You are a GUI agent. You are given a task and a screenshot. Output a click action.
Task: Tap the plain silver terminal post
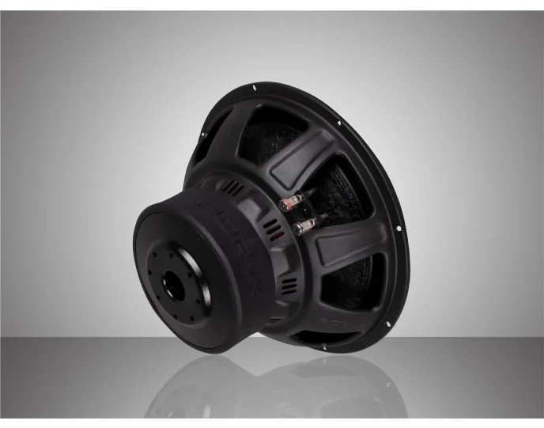(301, 229)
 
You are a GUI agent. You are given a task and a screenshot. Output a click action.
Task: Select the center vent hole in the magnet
(173, 286)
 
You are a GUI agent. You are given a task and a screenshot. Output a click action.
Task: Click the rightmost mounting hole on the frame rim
(399, 228)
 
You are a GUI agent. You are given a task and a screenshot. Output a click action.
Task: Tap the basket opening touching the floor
(316, 337)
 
